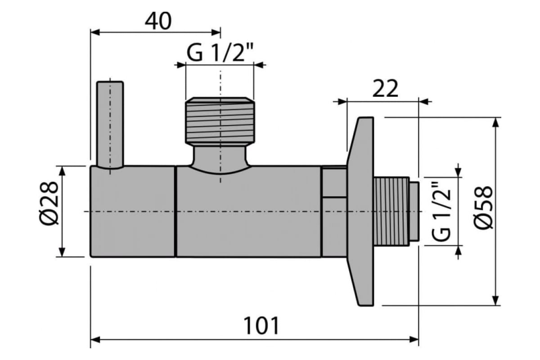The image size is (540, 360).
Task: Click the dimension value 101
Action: [x=261, y=325]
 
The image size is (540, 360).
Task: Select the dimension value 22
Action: [x=385, y=89]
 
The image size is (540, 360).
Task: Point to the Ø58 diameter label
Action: [x=484, y=208]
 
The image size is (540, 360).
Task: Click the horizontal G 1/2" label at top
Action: [x=220, y=54]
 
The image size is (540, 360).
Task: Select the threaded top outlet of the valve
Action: [x=220, y=120]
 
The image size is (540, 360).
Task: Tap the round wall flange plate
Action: [x=361, y=211]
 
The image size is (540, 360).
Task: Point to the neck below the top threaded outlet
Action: [x=220, y=157]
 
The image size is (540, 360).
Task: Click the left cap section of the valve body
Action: [x=133, y=211]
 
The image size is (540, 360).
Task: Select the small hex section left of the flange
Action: [x=334, y=211]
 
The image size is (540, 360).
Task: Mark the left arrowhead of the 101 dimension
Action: [x=94, y=339]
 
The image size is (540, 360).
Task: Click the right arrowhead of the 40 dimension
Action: [x=217, y=31]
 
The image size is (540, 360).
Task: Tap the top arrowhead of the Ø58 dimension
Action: [x=495, y=122]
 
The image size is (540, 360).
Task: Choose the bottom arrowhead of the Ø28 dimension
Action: [x=62, y=252]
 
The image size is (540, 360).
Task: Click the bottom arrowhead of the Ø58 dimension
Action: [x=495, y=301]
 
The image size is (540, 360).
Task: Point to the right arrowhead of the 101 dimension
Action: [x=414, y=339]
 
